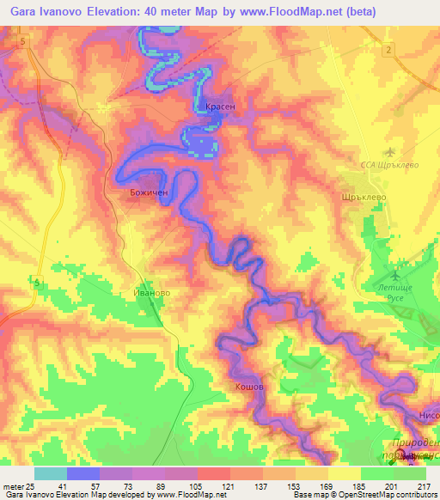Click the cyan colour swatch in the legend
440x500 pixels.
(50, 473)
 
